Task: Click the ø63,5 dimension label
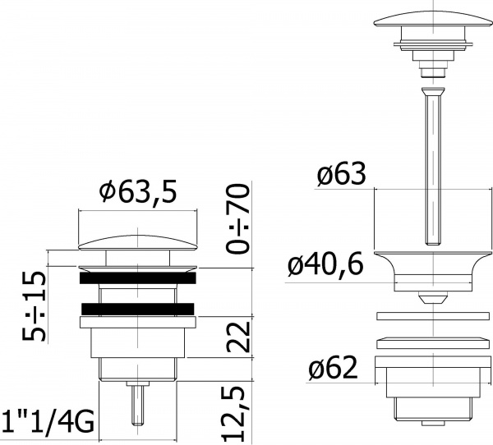(138, 191)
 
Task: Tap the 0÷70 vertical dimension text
(238, 218)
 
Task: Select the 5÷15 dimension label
(35, 305)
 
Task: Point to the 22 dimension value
(238, 337)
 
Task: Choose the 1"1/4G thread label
(48, 422)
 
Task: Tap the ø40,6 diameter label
(325, 264)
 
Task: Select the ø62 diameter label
(333, 367)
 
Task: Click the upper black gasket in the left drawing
(138, 278)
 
